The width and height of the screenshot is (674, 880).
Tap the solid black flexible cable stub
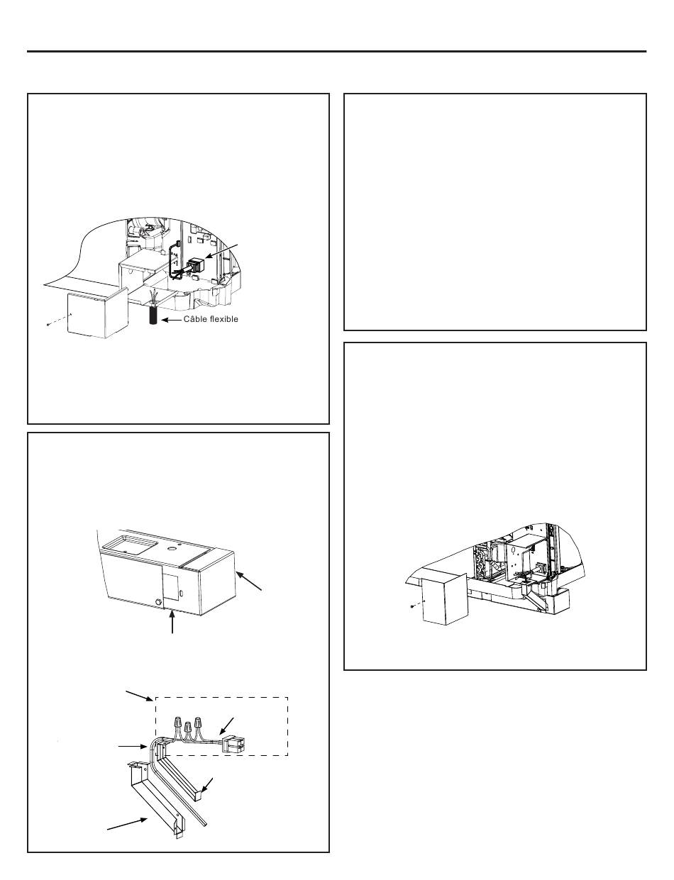[153, 316]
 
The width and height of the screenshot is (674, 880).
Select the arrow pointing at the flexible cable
[171, 320]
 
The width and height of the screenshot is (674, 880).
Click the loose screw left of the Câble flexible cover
[49, 324]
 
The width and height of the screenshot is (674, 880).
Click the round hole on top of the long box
[172, 550]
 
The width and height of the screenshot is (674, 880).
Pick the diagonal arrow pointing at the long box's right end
[250, 581]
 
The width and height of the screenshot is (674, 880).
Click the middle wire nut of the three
[187, 727]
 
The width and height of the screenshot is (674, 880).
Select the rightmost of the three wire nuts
[198, 723]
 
